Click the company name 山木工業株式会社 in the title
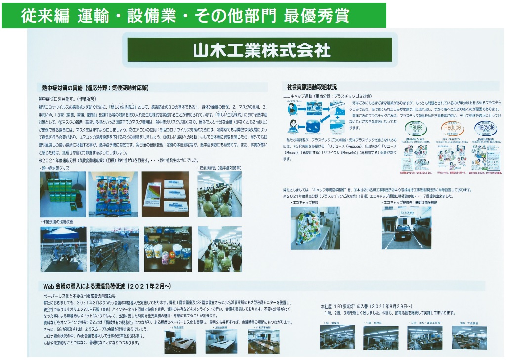(x=261, y=50)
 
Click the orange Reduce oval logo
(x=452, y=128)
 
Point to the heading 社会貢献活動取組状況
(x=308, y=87)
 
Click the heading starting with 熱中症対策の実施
(x=93, y=88)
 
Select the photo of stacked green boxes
(x=62, y=187)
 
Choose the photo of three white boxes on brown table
(x=165, y=187)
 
